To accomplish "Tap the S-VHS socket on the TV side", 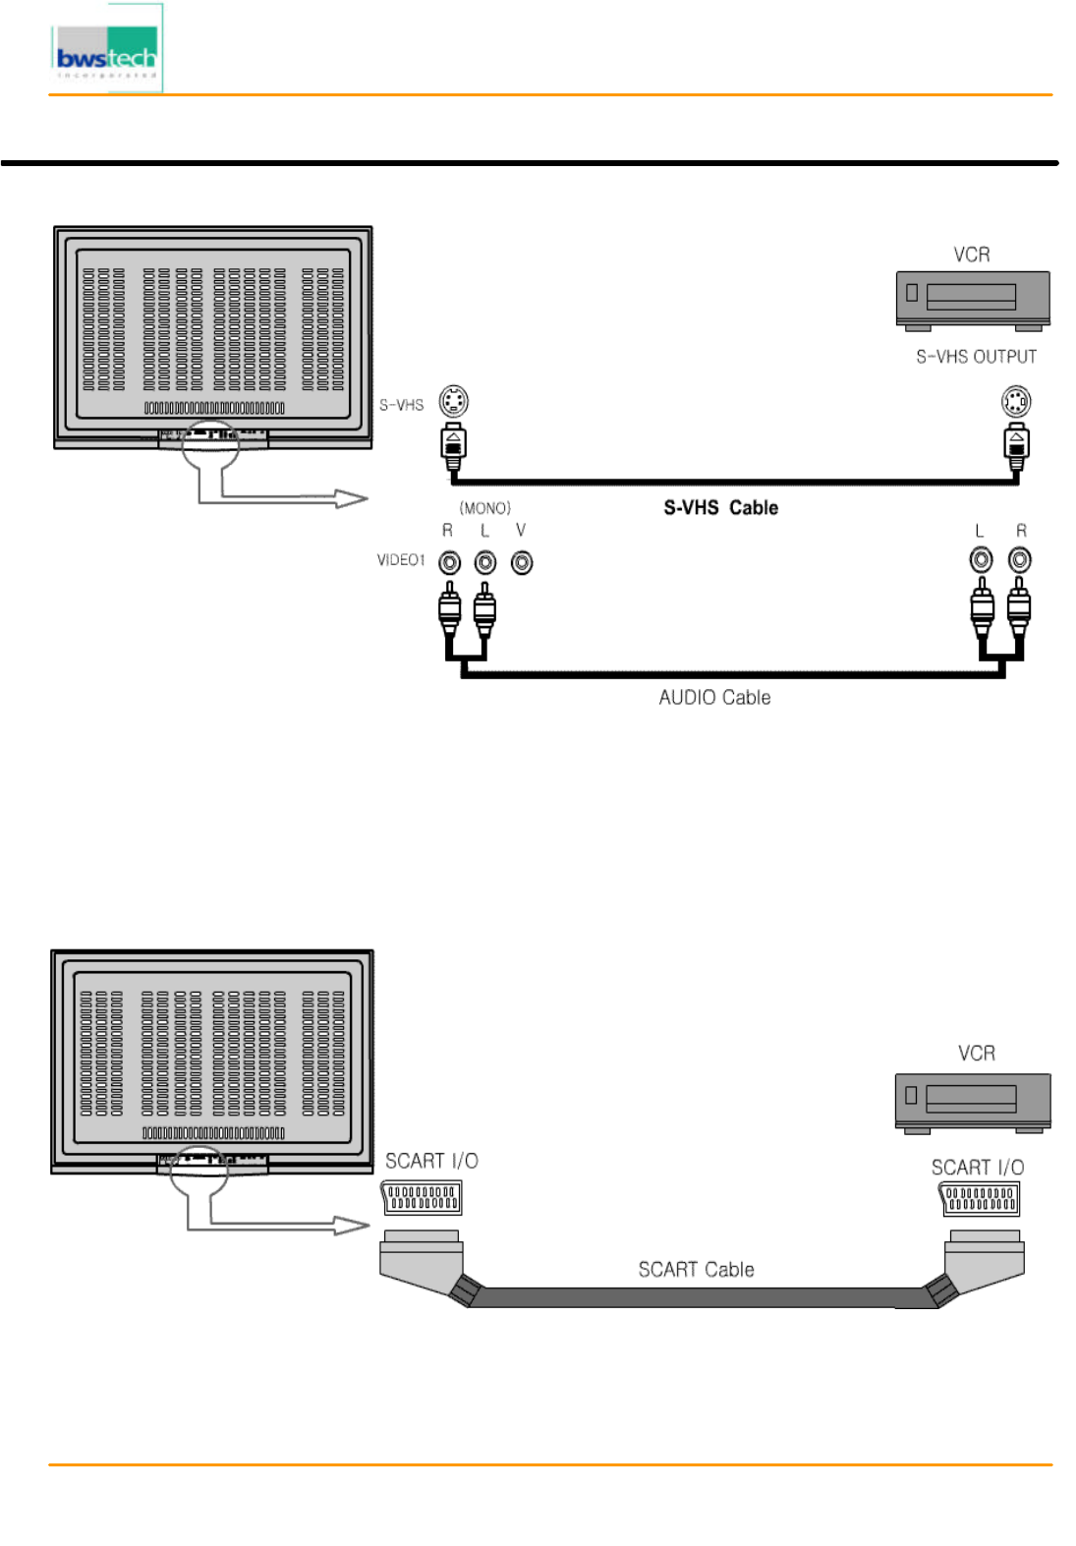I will pos(453,401).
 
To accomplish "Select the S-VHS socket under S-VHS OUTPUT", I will pos(1016,401).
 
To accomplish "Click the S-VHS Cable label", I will pos(720,507).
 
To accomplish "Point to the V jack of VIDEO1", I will pos(522,562).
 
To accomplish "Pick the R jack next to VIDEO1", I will pos(449,562).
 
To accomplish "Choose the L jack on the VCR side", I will pos(981,560).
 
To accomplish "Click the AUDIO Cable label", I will pos(714,697).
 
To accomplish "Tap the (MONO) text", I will pos(485,508).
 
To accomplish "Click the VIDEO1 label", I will pos(401,560).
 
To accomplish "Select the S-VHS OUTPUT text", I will pos(976,357).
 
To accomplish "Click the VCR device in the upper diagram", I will pos(972,299).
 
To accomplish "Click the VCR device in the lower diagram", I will pos(972,1101).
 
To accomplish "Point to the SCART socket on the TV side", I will pos(422,1197).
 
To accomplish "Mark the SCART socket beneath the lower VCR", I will pos(979,1199).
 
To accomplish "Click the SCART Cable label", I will pos(696,1269).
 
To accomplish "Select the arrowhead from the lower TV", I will pos(351,1225).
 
